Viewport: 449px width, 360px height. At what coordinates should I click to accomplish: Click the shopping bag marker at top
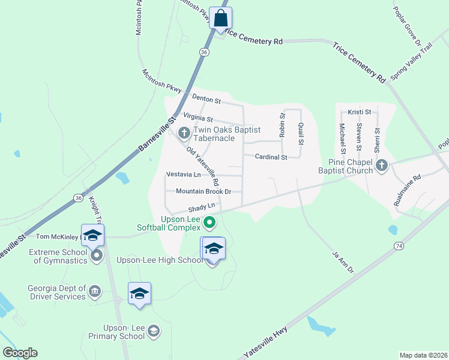[220, 17]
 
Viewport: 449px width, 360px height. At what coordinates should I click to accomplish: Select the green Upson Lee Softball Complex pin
[209, 223]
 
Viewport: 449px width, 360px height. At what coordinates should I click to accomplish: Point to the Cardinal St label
[271, 157]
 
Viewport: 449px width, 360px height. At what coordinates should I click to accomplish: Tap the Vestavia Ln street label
[184, 175]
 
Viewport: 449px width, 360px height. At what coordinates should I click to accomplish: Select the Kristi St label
[360, 112]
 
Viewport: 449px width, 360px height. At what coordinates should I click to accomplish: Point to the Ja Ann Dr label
[343, 262]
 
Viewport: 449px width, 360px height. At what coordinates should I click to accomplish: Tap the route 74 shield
[398, 246]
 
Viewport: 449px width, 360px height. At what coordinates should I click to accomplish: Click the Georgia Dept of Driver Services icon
[95, 292]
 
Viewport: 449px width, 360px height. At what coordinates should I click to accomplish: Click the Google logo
[20, 353]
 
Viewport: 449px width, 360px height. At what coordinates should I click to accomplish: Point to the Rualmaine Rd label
[408, 190]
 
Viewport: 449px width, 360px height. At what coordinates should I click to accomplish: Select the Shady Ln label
[202, 206]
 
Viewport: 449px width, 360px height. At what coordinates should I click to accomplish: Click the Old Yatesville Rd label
[202, 166]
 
